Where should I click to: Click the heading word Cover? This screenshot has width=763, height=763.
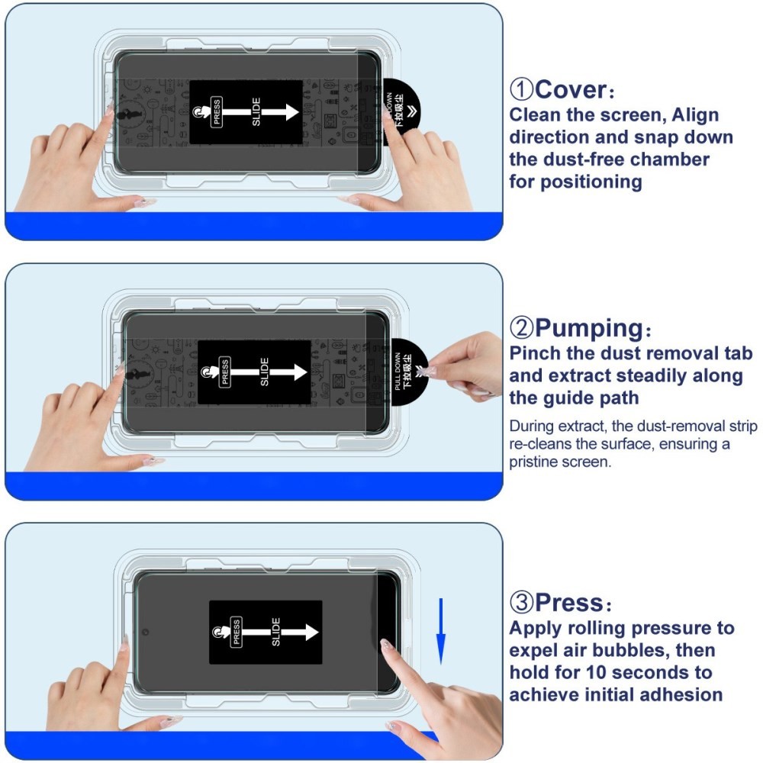tap(571, 89)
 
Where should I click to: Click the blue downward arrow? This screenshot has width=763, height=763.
tap(440, 629)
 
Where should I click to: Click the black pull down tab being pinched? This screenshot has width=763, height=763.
tap(408, 372)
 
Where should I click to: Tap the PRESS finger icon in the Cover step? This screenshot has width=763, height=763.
tap(200, 112)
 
